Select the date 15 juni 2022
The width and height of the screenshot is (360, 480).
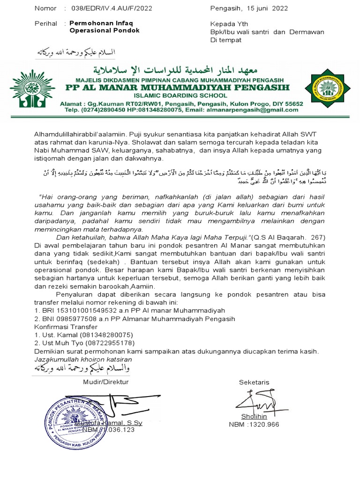click(x=265, y=8)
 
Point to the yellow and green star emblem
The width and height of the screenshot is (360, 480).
click(x=326, y=88)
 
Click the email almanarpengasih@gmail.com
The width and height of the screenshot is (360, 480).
click(x=254, y=110)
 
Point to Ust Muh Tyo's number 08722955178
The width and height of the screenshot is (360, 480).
click(x=109, y=343)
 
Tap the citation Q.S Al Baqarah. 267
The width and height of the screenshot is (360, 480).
click(x=289, y=238)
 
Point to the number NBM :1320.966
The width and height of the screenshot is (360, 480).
click(x=254, y=425)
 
